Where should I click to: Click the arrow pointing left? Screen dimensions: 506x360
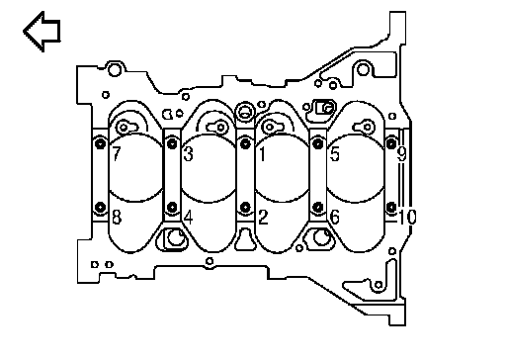coord(42,32)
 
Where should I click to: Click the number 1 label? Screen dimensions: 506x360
coord(263,153)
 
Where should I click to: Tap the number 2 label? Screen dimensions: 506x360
coord(263,218)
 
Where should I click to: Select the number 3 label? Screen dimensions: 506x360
coord(188,153)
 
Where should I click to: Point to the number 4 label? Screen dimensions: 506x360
coord(188,218)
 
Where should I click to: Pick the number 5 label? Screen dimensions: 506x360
coord(335,153)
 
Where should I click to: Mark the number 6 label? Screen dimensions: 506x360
coord(335,218)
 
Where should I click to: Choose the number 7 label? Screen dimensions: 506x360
coord(117,153)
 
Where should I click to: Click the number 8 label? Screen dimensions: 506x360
coord(117,218)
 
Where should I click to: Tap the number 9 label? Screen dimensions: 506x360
coord(402,153)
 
